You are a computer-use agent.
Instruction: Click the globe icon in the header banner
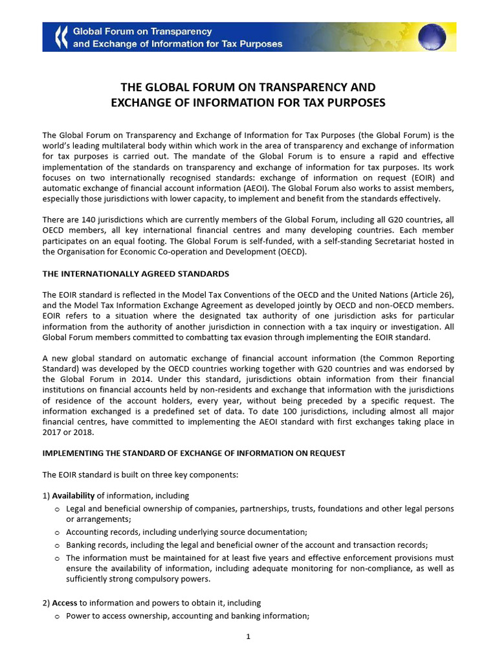[x=432, y=37]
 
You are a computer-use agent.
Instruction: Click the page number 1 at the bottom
[x=248, y=637]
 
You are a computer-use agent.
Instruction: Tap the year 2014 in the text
[x=149, y=379]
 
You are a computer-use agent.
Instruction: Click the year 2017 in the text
[x=52, y=433]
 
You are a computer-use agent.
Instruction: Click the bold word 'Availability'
[x=73, y=496]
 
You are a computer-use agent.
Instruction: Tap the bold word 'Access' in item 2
[x=64, y=603]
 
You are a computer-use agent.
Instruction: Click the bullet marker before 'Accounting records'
[x=58, y=532]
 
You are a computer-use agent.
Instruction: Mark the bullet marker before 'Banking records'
[x=58, y=545]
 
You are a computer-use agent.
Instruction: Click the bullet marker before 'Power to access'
[x=58, y=616]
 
